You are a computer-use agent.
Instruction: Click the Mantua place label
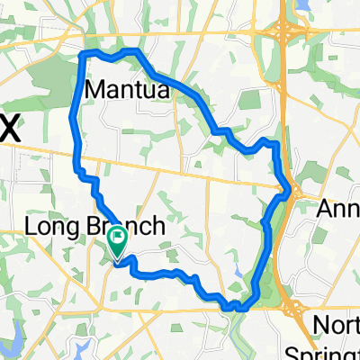[x=126, y=90]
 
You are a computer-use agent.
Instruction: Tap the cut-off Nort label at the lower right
[x=337, y=326]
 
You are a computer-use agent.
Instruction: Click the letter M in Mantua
[x=95, y=90]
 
